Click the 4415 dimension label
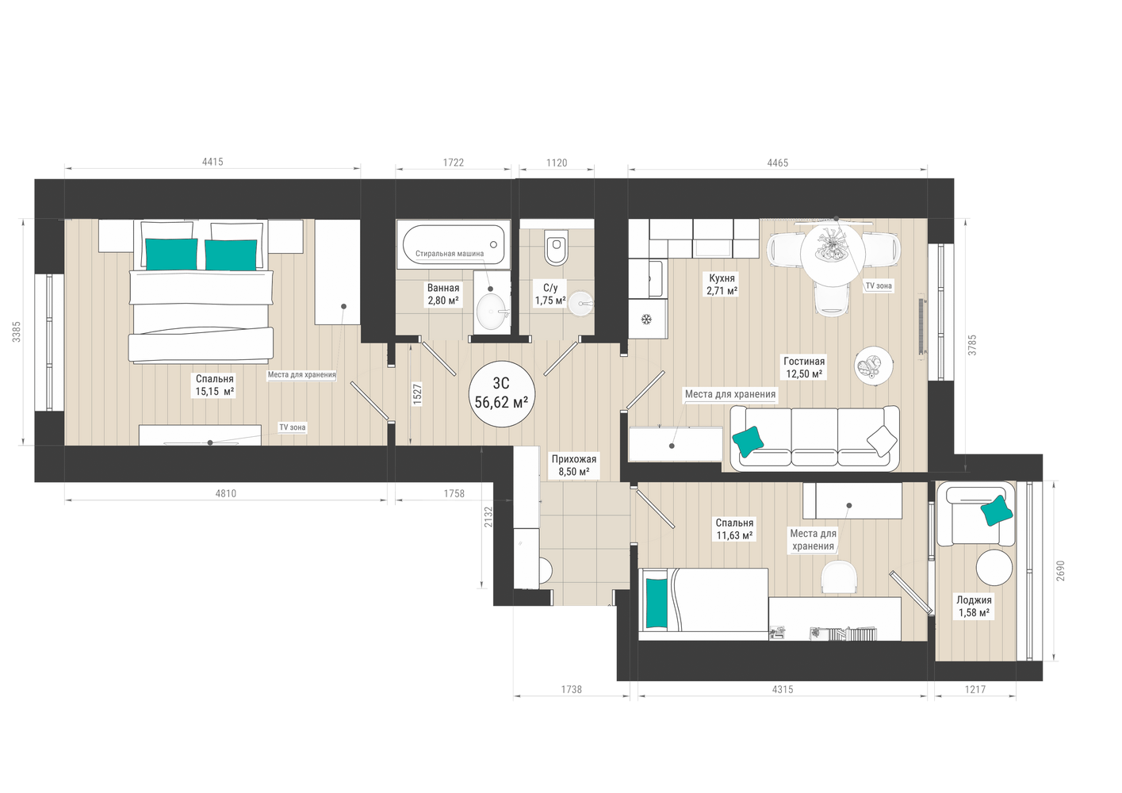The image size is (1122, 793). click(x=213, y=162)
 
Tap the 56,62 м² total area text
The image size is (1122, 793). click(x=501, y=402)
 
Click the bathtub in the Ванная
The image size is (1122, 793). click(x=454, y=244)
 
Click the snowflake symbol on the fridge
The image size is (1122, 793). click(x=647, y=319)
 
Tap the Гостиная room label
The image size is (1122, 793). click(x=804, y=361)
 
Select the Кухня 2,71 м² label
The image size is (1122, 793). click(x=722, y=284)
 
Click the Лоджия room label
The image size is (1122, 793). click(x=974, y=600)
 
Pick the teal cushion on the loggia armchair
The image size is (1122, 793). click(x=996, y=511)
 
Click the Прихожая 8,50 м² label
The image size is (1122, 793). click(x=574, y=465)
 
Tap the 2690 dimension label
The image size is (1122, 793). click(x=1060, y=571)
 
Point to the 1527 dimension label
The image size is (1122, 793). click(x=417, y=394)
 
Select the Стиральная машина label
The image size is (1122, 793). click(x=450, y=254)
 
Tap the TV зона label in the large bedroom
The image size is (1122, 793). click(x=292, y=427)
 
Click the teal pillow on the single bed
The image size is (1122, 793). click(x=657, y=603)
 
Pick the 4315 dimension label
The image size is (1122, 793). click(x=783, y=689)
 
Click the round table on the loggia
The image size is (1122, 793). click(x=994, y=568)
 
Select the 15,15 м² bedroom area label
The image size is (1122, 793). click(x=215, y=392)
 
